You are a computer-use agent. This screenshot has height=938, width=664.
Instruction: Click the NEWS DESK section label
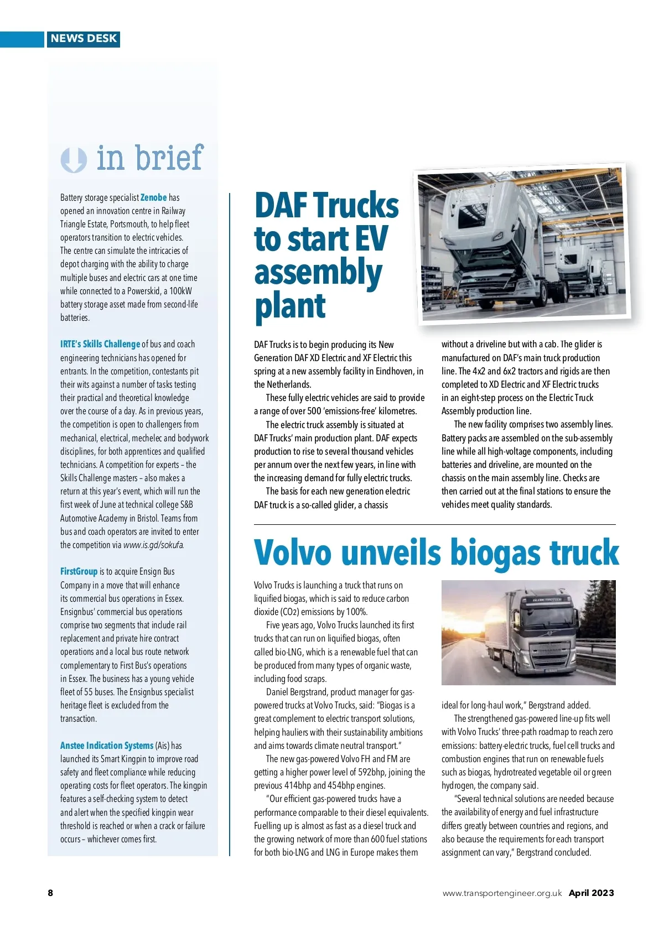84,39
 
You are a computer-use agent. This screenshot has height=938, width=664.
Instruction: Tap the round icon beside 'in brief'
74,160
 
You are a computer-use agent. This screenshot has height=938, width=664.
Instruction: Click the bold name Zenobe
153,197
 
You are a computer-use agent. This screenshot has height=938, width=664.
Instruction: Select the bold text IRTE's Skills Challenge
100,344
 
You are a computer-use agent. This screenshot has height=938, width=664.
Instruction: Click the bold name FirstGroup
79,571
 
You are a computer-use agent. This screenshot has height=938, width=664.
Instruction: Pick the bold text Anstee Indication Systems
107,746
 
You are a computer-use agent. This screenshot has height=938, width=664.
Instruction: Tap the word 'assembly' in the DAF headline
318,273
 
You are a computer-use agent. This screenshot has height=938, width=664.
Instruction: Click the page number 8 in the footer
50,893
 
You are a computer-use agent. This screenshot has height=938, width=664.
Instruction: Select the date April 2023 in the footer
591,893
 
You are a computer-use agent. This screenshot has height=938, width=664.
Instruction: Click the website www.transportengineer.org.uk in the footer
502,893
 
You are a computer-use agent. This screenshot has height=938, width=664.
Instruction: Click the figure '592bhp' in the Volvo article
372,772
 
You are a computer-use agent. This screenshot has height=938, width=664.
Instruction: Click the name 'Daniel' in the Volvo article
281,692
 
